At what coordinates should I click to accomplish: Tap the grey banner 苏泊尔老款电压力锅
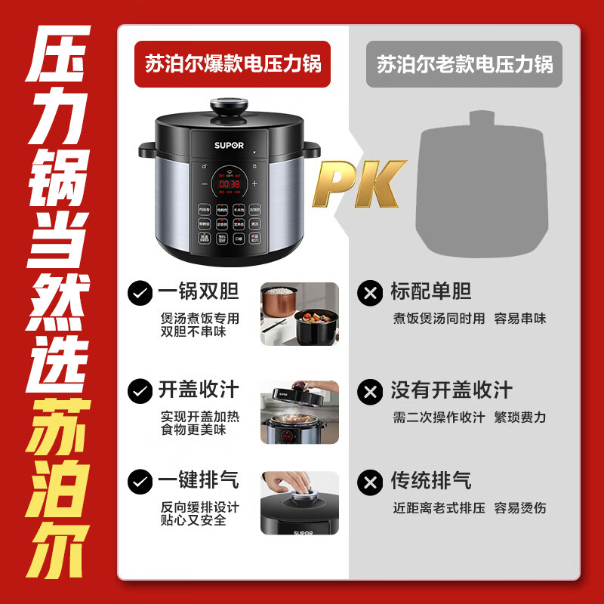click(464, 63)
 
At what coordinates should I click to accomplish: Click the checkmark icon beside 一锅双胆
click(139, 293)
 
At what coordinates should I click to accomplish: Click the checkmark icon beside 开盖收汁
click(139, 391)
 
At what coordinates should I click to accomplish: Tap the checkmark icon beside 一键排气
click(139, 481)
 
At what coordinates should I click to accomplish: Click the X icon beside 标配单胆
click(370, 293)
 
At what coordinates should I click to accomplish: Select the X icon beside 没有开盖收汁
click(370, 391)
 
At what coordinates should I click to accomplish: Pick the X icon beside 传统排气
click(370, 481)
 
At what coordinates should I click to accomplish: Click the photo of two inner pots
click(300, 314)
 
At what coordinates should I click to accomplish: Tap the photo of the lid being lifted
click(300, 412)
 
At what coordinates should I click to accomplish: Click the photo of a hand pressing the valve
click(300, 502)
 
